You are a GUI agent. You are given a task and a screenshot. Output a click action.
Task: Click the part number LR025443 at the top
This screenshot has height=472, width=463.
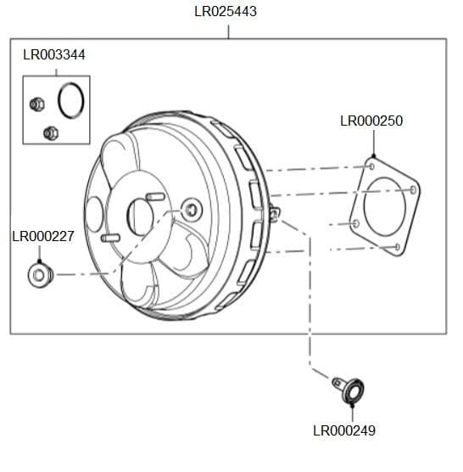coord(226,12)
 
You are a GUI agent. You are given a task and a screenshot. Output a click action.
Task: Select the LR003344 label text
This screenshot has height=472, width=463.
coord(53,55)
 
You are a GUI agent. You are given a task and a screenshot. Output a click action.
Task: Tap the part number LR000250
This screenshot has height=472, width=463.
coord(371,121)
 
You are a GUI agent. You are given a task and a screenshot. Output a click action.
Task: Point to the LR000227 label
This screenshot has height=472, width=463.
coord(43,237)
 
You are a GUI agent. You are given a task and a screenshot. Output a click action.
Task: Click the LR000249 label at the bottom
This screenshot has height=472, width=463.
coord(343,430)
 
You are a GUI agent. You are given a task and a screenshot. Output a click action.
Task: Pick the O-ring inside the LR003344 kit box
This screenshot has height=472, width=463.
coord(71,100)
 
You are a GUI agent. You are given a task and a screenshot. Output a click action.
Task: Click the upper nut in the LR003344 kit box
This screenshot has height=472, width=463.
coord(36,104)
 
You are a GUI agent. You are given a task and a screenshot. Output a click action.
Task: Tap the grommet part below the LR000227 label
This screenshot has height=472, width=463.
coord(39,275)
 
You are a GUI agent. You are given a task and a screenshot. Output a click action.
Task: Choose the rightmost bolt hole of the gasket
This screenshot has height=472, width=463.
coord(413,188)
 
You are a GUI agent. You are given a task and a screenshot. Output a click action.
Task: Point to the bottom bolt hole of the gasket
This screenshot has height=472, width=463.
coord(396,247)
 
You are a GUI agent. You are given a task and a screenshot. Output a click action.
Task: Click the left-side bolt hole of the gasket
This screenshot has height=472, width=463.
coord(355,223)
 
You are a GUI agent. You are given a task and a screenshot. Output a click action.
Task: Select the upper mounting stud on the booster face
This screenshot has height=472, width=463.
coord(155,197)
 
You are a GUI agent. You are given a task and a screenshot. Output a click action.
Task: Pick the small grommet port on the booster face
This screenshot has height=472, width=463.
coord(191,209)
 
